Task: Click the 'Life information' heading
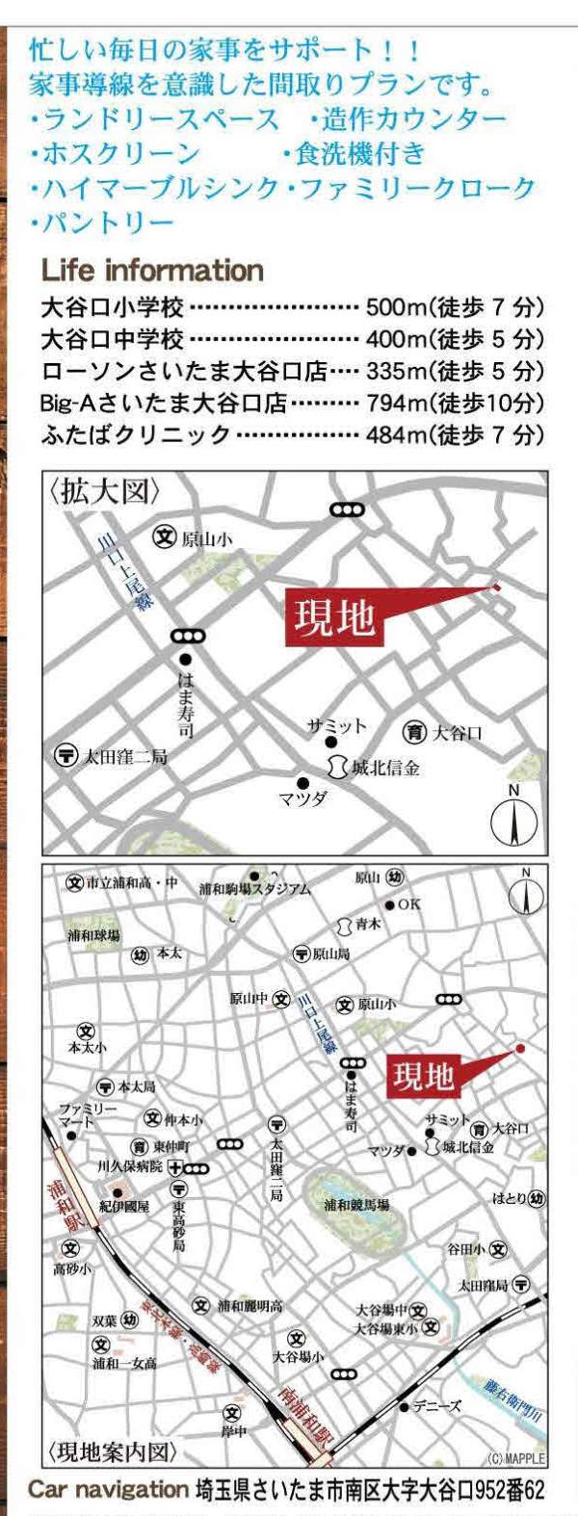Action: [152, 271]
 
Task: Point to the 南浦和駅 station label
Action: [291, 1418]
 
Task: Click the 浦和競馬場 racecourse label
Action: [356, 1205]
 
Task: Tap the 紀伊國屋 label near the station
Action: [124, 1206]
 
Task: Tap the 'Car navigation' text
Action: [107, 1489]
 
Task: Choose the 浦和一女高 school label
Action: [124, 1364]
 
